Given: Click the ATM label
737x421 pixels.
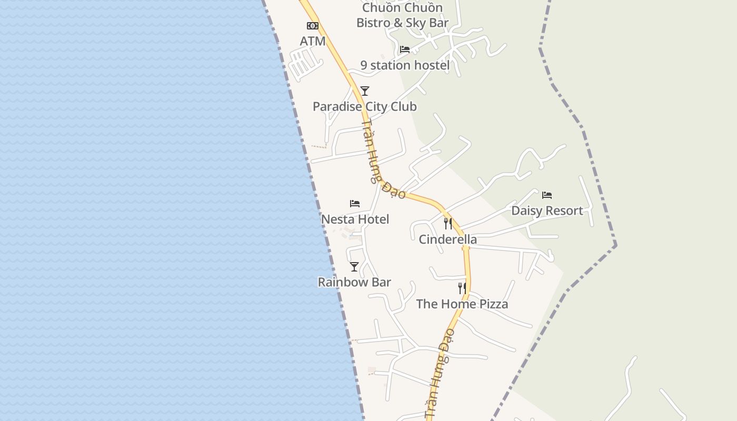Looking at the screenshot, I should pos(313,41).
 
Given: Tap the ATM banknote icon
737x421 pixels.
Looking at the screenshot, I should pos(313,26).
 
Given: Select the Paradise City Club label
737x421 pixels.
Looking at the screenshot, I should pos(364,107).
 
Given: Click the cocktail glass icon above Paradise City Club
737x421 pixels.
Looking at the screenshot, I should pos(364,91).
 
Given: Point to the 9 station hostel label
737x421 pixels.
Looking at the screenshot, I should pos(405,65).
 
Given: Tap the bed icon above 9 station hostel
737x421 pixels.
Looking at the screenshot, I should pos(404,49).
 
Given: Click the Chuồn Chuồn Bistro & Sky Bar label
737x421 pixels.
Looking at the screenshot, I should pos(403,15).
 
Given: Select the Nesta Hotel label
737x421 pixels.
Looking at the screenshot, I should pos(355,219).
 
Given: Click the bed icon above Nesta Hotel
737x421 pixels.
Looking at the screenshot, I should pos(355,204).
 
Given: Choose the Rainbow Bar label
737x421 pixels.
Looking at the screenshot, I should pos(354,282).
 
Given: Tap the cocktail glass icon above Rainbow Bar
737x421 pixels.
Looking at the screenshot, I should pos(354,267).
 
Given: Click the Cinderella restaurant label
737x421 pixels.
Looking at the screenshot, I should pos(447,239).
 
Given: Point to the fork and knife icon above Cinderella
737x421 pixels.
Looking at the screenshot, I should pos(447,224).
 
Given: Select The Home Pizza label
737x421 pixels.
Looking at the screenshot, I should pos(462,304).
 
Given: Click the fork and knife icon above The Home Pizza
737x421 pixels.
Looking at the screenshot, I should pos(462,288).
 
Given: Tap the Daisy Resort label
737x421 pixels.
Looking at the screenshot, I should pos(547,211).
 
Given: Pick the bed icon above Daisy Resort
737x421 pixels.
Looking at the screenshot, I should pos(547,195).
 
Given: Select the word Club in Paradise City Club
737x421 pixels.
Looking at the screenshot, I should pos(402,107).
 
